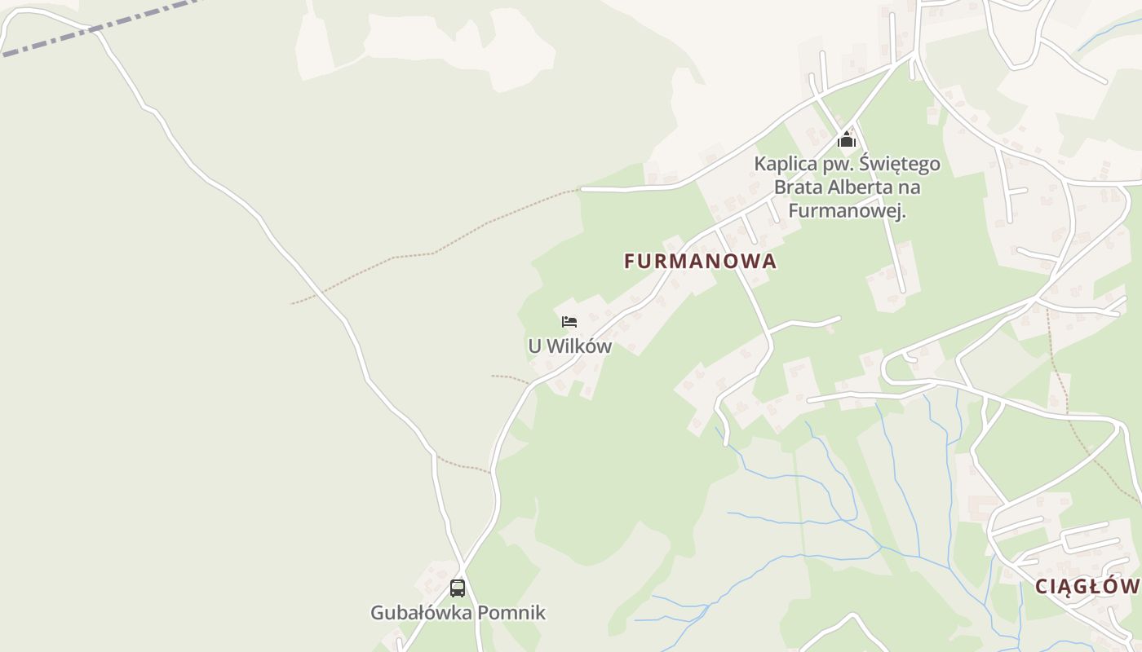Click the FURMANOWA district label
pos(700,261)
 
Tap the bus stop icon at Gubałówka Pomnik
pos(458,588)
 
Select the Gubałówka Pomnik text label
pos(458,613)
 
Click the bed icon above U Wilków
pos(569,322)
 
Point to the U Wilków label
pos(569,346)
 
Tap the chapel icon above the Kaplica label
pos(847,140)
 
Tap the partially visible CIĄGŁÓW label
pos(1087,586)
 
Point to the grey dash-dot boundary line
pos(98,29)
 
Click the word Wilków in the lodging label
pos(579,346)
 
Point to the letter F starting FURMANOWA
pos(630,261)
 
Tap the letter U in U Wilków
pos(534,346)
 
